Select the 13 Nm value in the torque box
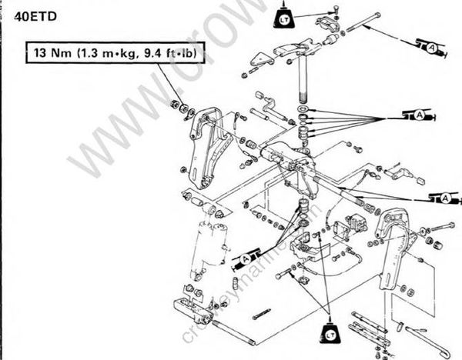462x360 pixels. pos(49,55)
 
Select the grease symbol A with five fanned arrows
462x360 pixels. pos(419,115)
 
